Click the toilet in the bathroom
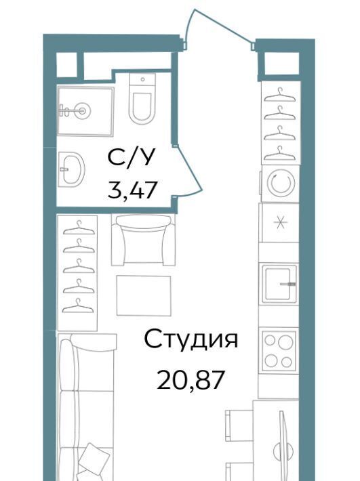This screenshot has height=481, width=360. click(x=142, y=98)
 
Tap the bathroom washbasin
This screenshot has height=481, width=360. click(x=71, y=169)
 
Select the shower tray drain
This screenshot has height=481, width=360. click(x=83, y=110)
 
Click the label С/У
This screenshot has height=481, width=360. click(x=130, y=158)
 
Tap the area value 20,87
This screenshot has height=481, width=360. click(x=189, y=380)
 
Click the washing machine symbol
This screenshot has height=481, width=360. click(x=281, y=183)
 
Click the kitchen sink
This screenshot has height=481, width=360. click(x=280, y=284)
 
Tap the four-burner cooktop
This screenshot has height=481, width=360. click(x=279, y=351)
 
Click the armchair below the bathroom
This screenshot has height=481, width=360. click(x=143, y=240)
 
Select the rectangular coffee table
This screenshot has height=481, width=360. click(x=144, y=295)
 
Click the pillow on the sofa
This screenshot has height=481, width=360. click(x=91, y=457)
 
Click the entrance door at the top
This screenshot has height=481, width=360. click(x=220, y=28)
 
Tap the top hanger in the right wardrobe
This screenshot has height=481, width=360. click(x=280, y=95)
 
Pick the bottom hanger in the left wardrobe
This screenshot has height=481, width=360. click(x=78, y=306)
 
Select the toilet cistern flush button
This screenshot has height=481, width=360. click(x=142, y=79)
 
